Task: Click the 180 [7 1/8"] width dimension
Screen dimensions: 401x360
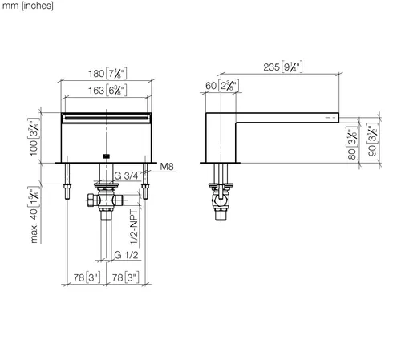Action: click(x=107, y=74)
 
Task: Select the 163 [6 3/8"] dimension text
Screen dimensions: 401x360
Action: click(x=107, y=91)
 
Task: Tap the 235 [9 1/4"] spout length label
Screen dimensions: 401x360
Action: click(x=283, y=67)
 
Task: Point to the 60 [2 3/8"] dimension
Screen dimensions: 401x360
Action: click(x=222, y=86)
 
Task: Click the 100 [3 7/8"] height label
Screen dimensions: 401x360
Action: click(x=34, y=137)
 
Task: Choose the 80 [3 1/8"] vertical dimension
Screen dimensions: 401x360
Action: click(x=352, y=143)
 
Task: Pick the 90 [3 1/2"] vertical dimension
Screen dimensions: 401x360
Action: click(x=372, y=140)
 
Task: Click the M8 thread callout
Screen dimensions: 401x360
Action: click(x=167, y=167)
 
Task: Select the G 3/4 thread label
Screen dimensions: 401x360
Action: click(x=126, y=176)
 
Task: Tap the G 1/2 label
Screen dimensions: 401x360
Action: click(x=126, y=255)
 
